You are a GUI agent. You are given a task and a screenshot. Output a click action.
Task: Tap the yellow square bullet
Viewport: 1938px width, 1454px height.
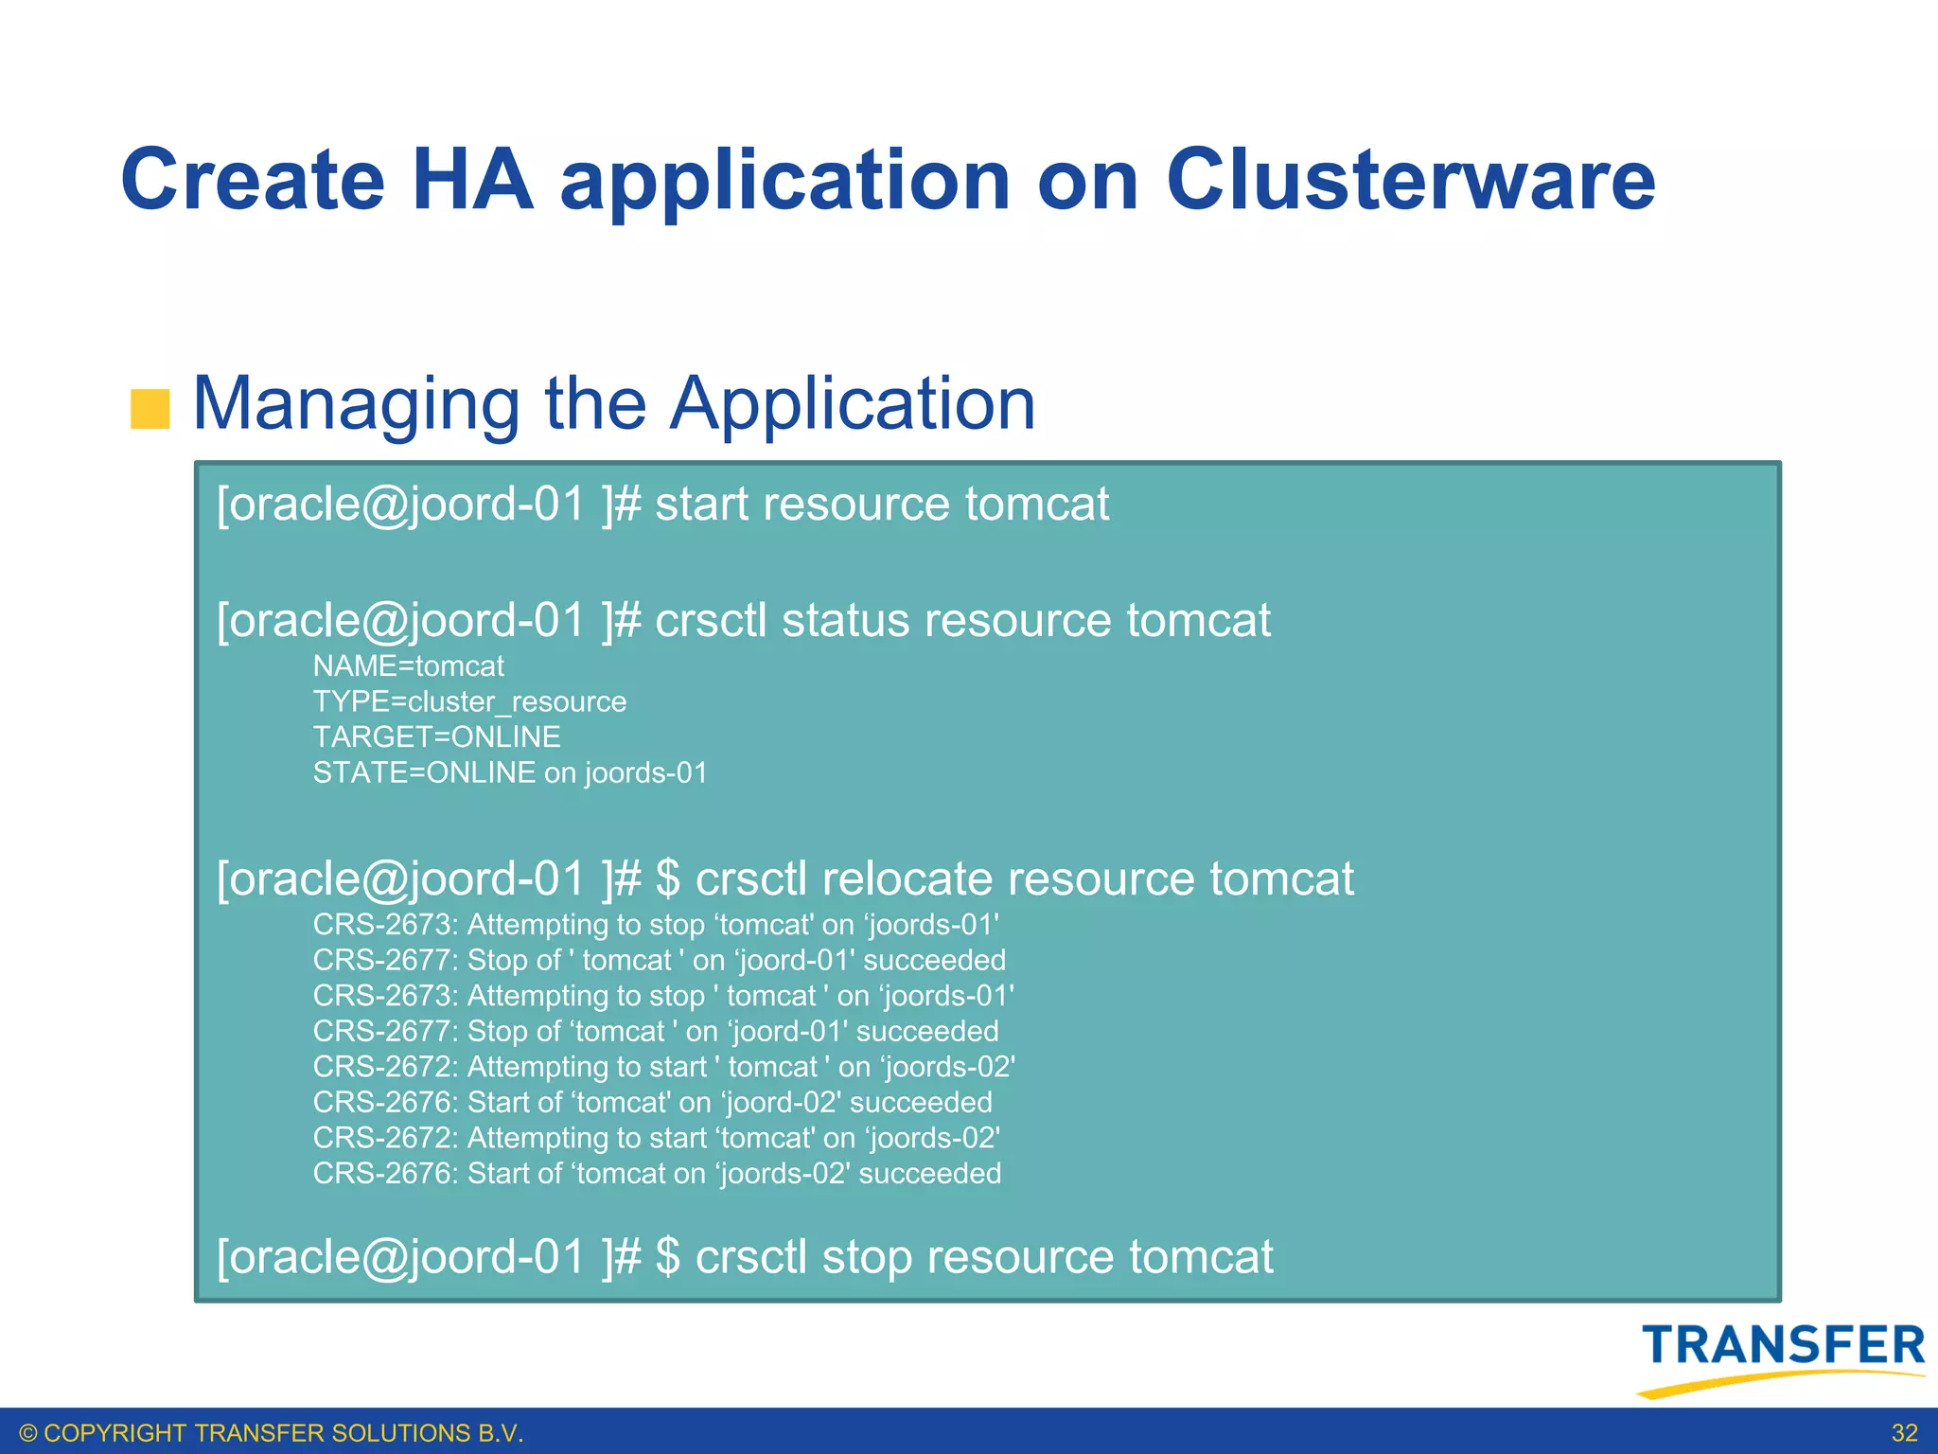[150, 409]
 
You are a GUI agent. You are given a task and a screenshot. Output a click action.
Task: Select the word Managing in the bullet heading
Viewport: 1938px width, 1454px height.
[356, 405]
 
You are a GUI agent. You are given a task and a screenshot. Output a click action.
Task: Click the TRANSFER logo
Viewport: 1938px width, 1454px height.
[1783, 1356]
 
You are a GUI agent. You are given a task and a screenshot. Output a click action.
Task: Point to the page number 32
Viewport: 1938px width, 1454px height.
[1904, 1432]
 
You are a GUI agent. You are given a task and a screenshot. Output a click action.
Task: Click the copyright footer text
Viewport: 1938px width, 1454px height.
[272, 1433]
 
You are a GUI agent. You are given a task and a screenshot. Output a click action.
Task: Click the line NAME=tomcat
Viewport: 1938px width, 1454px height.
[408, 666]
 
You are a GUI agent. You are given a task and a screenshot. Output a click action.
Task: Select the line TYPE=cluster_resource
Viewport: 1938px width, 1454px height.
[469, 701]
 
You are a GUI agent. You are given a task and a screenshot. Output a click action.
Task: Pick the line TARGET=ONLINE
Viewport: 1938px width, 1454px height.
[436, 737]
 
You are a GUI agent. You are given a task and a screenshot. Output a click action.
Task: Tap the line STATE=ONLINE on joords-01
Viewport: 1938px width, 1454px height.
[510, 772]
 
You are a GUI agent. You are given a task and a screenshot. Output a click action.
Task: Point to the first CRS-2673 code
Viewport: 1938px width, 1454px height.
[385, 925]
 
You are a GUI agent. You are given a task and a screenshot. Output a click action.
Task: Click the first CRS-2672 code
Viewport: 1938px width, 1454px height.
[385, 1067]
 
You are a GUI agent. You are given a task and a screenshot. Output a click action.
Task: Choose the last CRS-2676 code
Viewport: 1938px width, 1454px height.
[385, 1174]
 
